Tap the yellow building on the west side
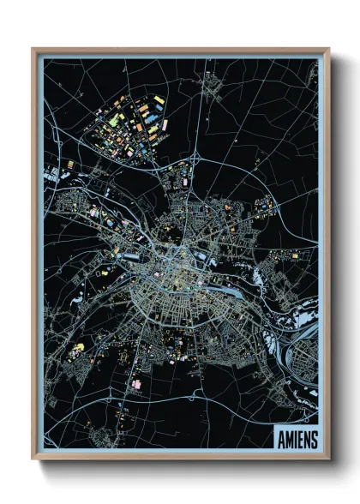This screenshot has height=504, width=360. click(82, 346)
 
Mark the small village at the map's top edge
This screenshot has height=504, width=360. click(210, 83)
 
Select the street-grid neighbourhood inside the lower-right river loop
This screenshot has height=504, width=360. click(304, 377)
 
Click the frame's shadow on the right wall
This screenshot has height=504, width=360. click(337, 257)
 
